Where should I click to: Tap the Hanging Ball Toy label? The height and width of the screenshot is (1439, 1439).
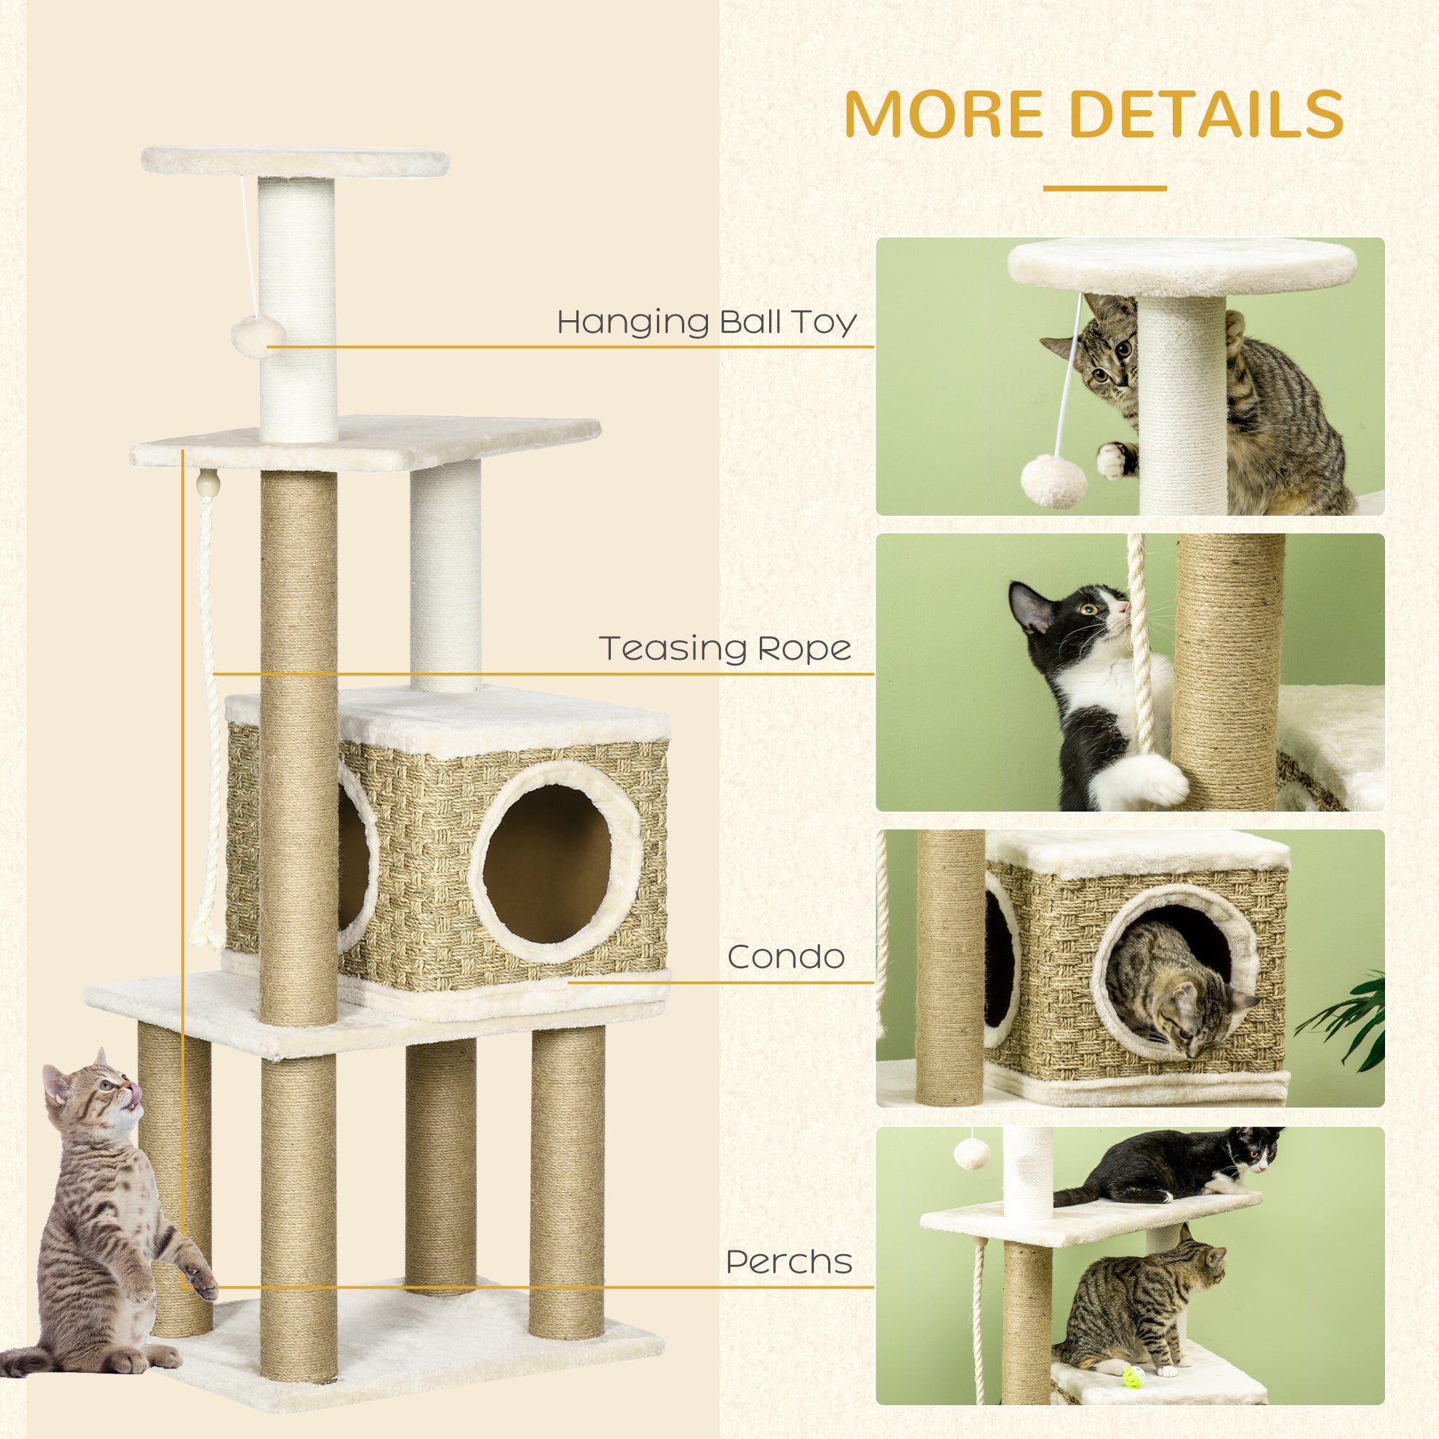pos(707,322)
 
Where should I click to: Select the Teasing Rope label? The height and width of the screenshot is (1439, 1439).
pos(725,648)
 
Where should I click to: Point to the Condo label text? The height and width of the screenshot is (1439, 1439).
pos(786,957)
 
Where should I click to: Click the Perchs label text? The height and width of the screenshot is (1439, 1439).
pos(789,1262)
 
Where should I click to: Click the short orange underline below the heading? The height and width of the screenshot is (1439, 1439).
pos(1104,188)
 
